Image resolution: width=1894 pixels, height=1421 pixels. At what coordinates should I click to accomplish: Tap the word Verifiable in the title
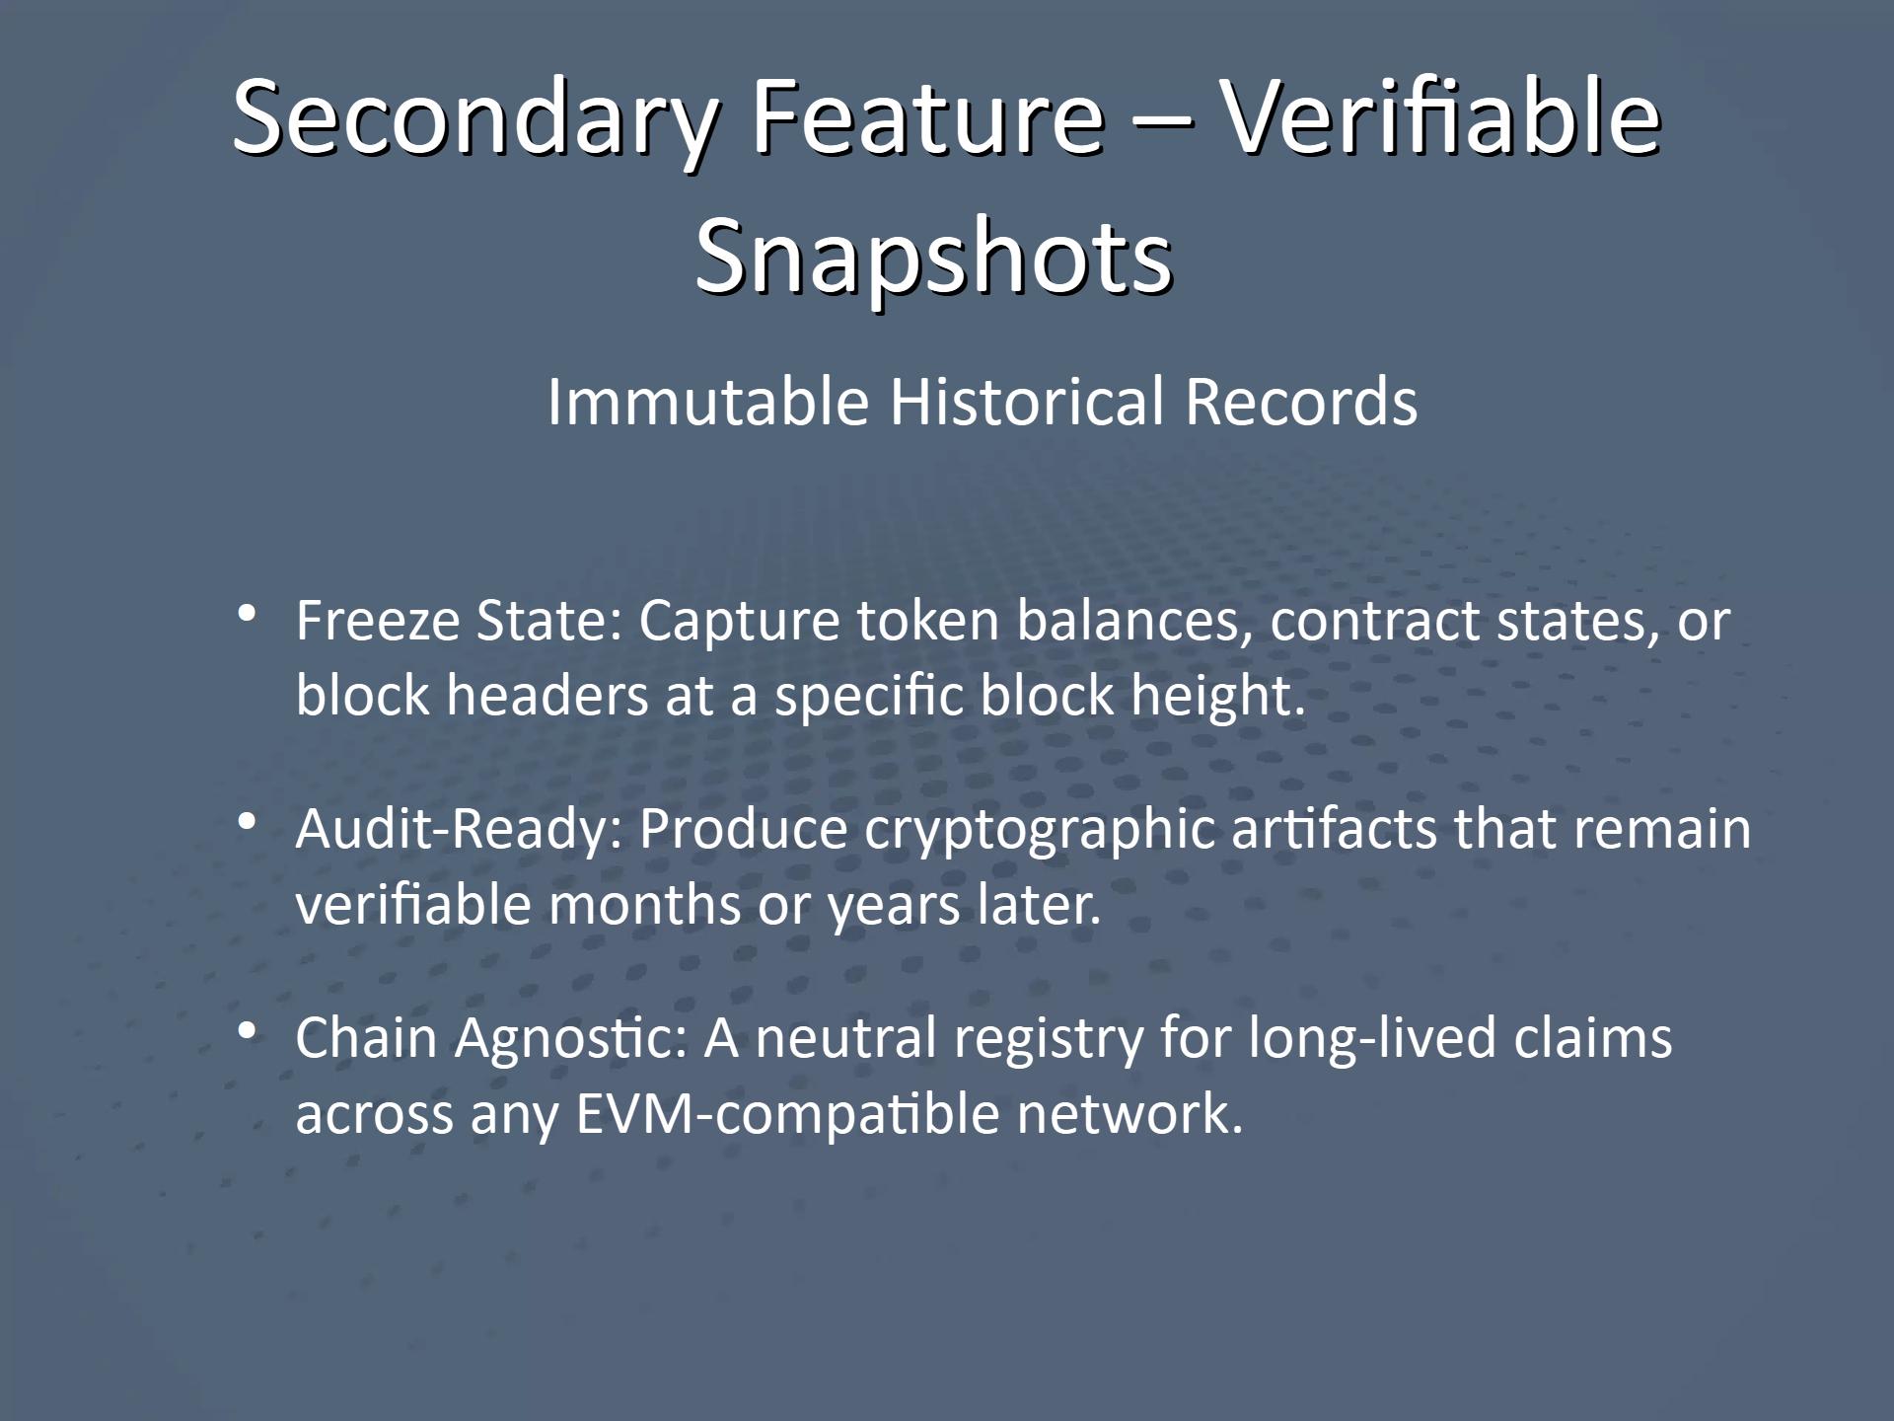(1441, 118)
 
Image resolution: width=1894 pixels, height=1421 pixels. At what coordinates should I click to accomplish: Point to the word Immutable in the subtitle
(707, 402)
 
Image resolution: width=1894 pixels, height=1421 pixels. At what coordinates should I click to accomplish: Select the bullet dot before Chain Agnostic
(248, 1030)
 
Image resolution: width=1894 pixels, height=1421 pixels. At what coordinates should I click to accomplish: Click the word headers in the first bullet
(547, 695)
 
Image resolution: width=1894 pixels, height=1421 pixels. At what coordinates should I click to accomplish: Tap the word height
(1217, 695)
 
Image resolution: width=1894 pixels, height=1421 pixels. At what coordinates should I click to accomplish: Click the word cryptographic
(1040, 829)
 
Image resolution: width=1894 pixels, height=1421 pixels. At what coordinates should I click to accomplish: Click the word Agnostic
(569, 1038)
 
